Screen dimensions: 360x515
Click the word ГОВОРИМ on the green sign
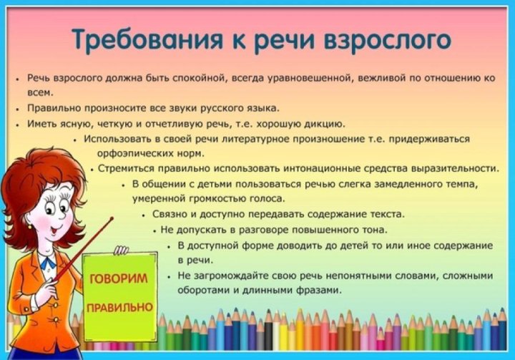pos(118,278)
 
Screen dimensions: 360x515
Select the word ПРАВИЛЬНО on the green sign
pos(119,307)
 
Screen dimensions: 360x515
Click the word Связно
pos(168,214)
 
